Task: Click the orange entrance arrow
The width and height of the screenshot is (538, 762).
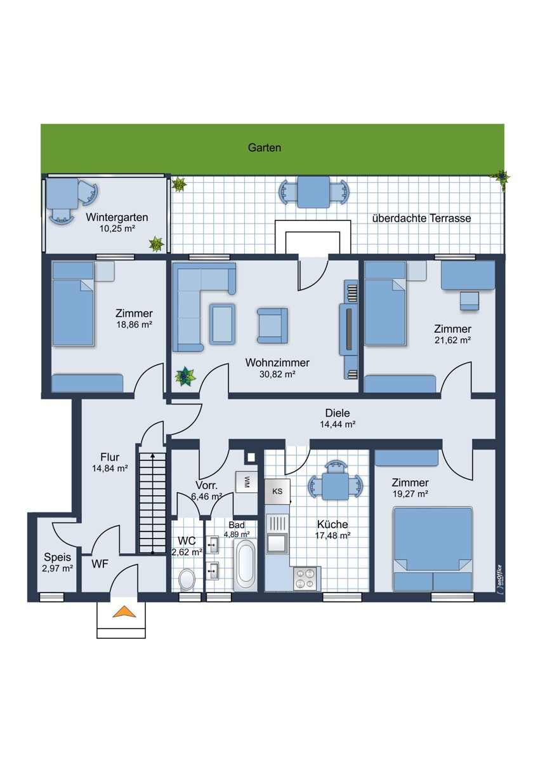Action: (x=124, y=612)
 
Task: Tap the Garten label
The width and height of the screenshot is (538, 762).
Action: (x=265, y=147)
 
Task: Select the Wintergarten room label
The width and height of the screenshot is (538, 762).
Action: (x=117, y=217)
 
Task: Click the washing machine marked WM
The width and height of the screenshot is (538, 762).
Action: (x=246, y=481)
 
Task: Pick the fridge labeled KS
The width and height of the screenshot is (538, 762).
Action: (x=277, y=491)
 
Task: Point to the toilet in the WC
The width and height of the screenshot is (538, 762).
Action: (x=187, y=579)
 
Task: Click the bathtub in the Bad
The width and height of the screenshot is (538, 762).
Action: (x=246, y=565)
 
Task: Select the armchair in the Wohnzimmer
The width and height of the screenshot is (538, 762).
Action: (x=272, y=326)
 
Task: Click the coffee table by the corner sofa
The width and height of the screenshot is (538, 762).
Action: (x=222, y=323)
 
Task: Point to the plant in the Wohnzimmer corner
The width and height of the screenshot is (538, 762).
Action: (x=185, y=376)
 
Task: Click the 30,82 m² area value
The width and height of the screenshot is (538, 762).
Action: (x=277, y=374)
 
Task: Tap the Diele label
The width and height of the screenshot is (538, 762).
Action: (x=338, y=413)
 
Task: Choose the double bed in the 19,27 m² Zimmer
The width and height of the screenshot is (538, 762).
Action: (x=433, y=549)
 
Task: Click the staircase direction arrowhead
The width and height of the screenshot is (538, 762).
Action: (x=153, y=456)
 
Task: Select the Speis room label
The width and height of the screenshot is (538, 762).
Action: (x=58, y=558)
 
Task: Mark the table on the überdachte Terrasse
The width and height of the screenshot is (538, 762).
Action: (x=313, y=192)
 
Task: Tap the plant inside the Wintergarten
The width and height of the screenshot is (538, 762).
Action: (x=156, y=244)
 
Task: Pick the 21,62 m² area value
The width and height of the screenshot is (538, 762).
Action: (x=453, y=340)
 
